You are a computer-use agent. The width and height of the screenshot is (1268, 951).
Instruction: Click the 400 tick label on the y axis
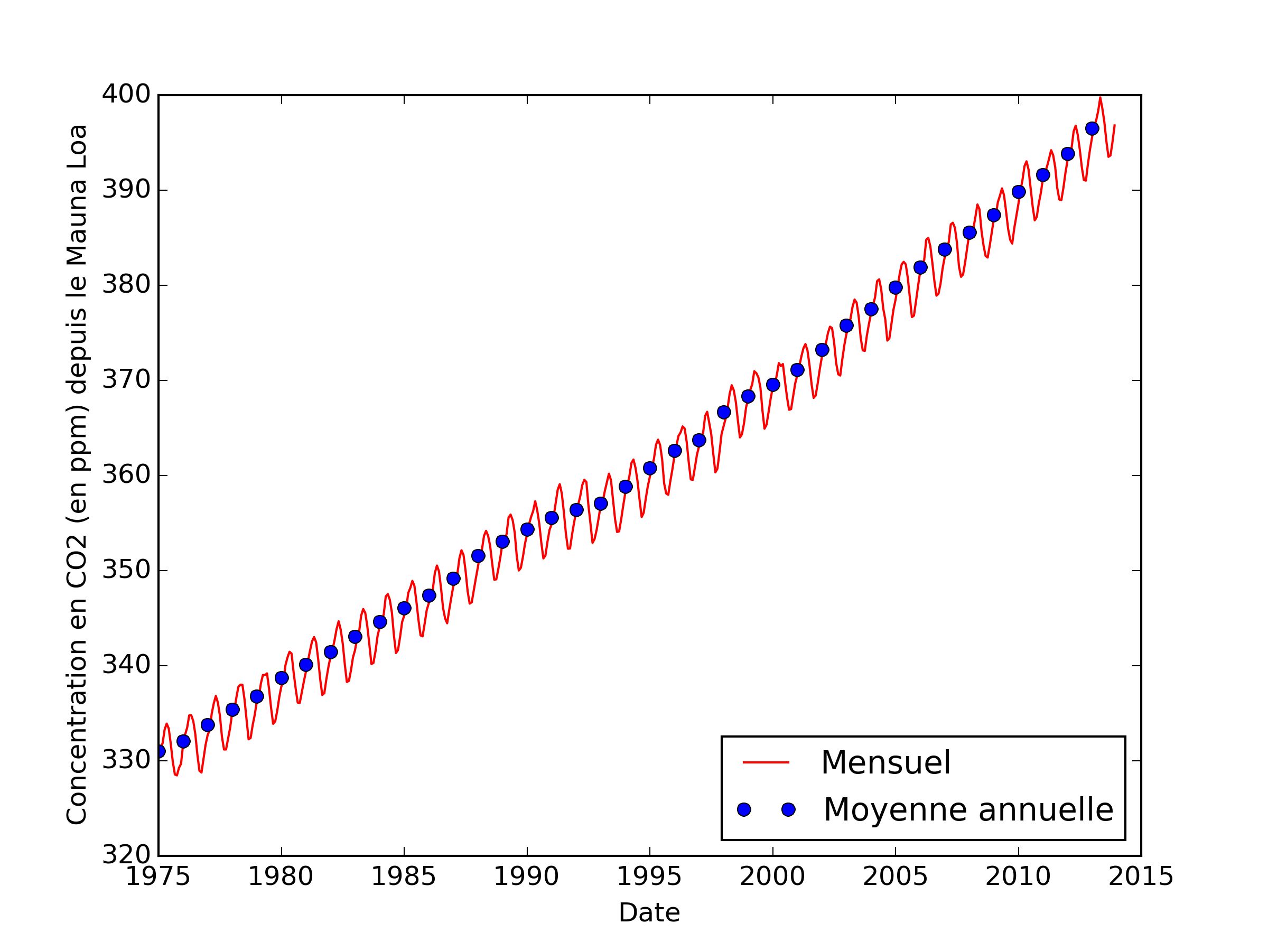click(x=126, y=95)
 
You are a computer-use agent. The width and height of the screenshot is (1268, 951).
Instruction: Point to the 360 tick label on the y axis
click(x=126, y=475)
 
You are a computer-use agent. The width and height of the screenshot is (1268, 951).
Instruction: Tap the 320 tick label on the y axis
click(x=126, y=855)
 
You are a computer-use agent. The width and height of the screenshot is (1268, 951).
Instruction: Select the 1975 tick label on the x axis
click(x=157, y=878)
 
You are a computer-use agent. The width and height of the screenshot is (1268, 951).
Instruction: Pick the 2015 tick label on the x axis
click(x=1141, y=878)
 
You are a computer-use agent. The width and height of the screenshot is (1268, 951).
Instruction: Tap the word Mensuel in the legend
click(x=885, y=763)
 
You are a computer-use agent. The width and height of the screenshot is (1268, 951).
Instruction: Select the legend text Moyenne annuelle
click(x=968, y=810)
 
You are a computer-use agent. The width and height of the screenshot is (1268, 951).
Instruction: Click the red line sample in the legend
click(x=766, y=763)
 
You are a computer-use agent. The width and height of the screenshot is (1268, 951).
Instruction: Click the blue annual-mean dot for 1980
click(x=282, y=678)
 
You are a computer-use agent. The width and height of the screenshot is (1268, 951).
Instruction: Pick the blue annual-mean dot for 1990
click(x=527, y=530)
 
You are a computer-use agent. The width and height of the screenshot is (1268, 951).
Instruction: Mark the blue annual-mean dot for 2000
click(x=773, y=385)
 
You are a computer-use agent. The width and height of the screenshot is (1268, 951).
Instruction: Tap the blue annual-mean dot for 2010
click(x=1019, y=192)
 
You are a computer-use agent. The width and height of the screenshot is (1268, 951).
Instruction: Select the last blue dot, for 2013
click(x=1092, y=129)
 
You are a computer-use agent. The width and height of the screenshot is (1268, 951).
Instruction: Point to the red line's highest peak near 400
click(x=1100, y=98)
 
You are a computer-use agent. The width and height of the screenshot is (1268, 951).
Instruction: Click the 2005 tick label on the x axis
click(x=895, y=878)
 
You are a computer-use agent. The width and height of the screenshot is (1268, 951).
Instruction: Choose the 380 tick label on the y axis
click(x=126, y=285)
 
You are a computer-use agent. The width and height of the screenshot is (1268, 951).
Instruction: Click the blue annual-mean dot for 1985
click(x=404, y=608)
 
